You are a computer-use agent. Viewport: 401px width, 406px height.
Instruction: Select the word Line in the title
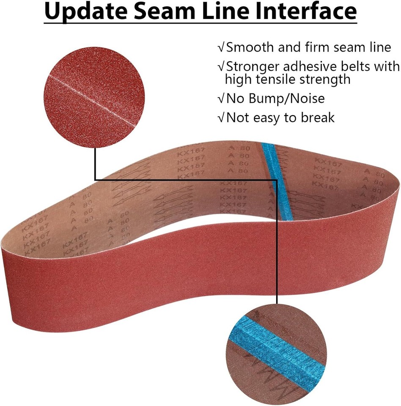[x=235, y=13]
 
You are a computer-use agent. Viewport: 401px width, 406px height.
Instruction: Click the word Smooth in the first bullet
[x=250, y=47]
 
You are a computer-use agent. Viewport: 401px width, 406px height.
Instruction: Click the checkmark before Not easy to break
[x=220, y=118]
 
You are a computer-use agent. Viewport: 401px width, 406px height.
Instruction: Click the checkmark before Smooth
[x=220, y=48]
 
